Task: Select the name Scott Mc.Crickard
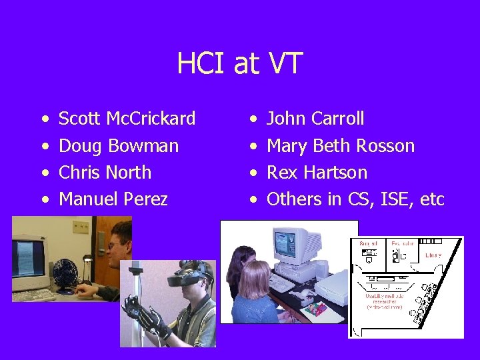coord(127,119)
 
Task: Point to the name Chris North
coord(105,173)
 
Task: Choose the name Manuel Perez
coord(113,199)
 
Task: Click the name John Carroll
coord(315,119)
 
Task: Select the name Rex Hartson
coord(317,173)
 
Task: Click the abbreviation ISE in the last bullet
coord(399,199)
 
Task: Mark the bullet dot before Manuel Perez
coord(43,200)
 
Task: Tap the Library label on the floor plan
coord(433,255)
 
